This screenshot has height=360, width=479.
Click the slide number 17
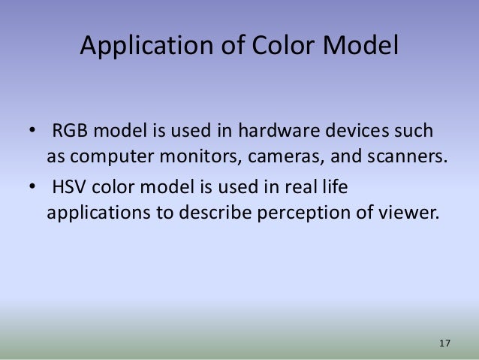point(444,343)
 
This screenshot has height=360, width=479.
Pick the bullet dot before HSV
point(34,186)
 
